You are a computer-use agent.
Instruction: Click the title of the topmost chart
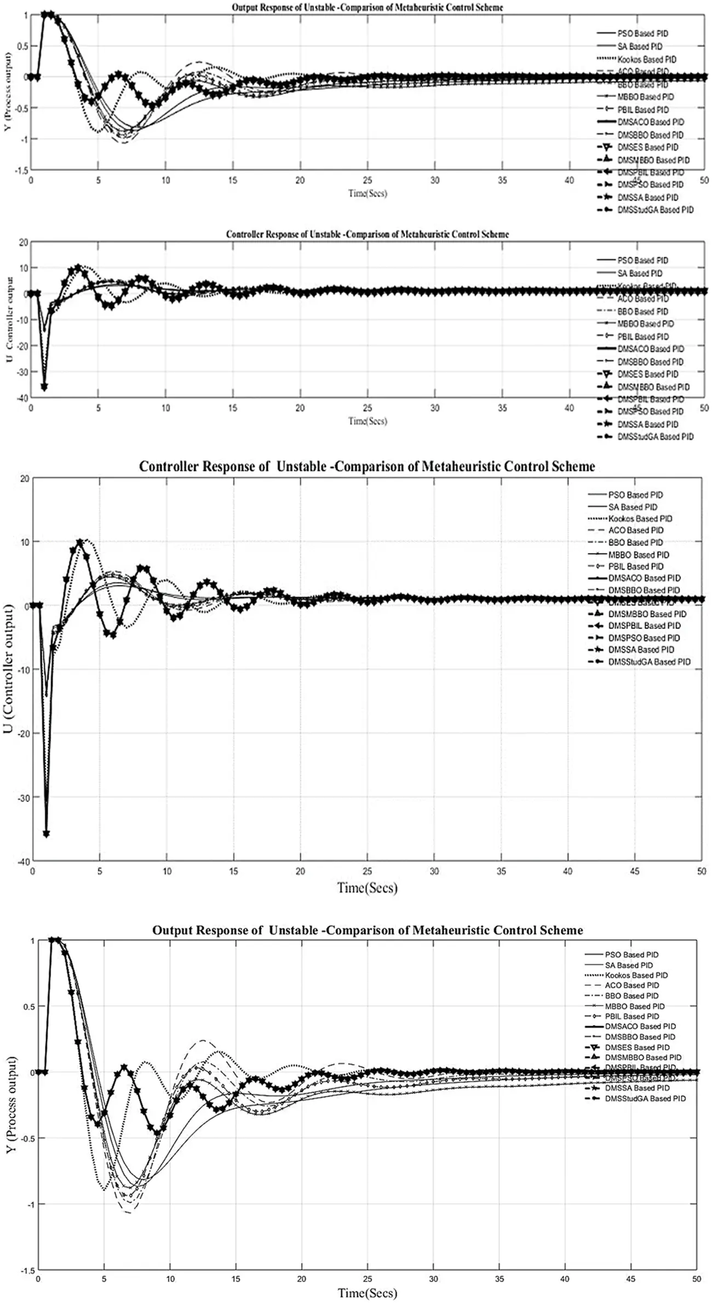click(x=367, y=8)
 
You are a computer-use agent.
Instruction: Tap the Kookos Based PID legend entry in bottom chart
click(x=636, y=975)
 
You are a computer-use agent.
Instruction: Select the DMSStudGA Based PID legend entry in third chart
click(x=649, y=662)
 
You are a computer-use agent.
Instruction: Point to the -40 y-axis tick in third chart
click(x=24, y=860)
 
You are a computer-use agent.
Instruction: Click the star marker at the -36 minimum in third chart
click(x=47, y=833)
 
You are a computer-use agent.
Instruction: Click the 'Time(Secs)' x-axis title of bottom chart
click(x=367, y=1293)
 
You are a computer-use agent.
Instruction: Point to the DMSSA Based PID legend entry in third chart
click(x=641, y=650)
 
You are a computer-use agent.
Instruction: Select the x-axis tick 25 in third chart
click(x=367, y=871)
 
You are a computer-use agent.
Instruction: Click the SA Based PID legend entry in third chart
click(x=633, y=507)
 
